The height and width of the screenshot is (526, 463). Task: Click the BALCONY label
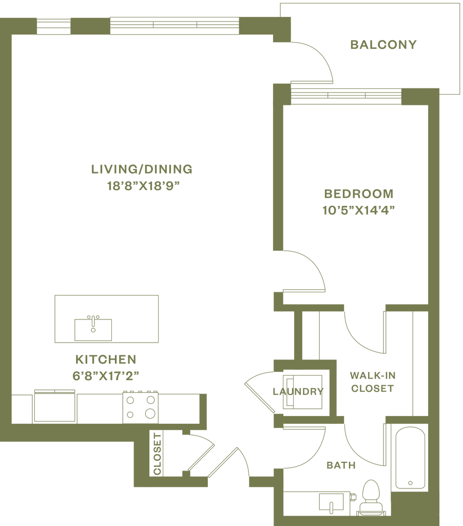click(x=383, y=45)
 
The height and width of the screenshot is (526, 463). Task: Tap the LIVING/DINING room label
click(x=141, y=168)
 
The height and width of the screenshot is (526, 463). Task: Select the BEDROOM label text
click(x=358, y=194)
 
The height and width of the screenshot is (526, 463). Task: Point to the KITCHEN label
click(x=105, y=358)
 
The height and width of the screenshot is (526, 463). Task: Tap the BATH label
click(x=341, y=466)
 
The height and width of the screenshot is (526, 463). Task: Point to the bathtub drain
click(x=410, y=482)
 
